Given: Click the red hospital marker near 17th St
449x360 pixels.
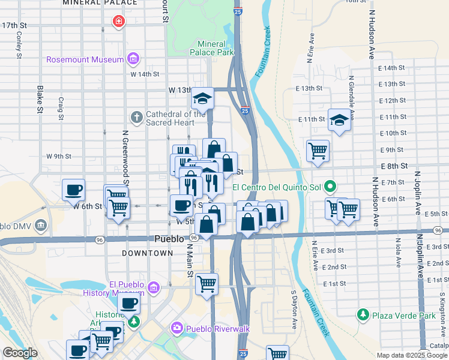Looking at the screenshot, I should [x=119, y=22].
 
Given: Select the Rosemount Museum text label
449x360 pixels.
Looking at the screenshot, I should [x=85, y=59].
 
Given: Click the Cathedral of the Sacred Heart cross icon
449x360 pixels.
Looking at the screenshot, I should [x=137, y=118].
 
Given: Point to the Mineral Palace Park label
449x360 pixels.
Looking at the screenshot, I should [x=212, y=48].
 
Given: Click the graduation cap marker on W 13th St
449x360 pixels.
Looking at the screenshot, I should [x=203, y=98].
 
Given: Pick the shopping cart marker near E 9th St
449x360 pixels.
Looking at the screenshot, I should [x=318, y=151].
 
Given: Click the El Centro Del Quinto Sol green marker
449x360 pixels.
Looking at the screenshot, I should [x=329, y=187].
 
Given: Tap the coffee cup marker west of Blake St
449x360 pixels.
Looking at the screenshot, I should [x=74, y=190].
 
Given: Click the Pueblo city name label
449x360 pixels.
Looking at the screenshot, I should [x=169, y=238].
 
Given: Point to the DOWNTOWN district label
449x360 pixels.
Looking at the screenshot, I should [x=147, y=253].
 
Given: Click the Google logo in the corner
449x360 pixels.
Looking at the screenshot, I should [x=20, y=353].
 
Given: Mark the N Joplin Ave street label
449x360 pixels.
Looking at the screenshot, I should [x=417, y=193].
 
